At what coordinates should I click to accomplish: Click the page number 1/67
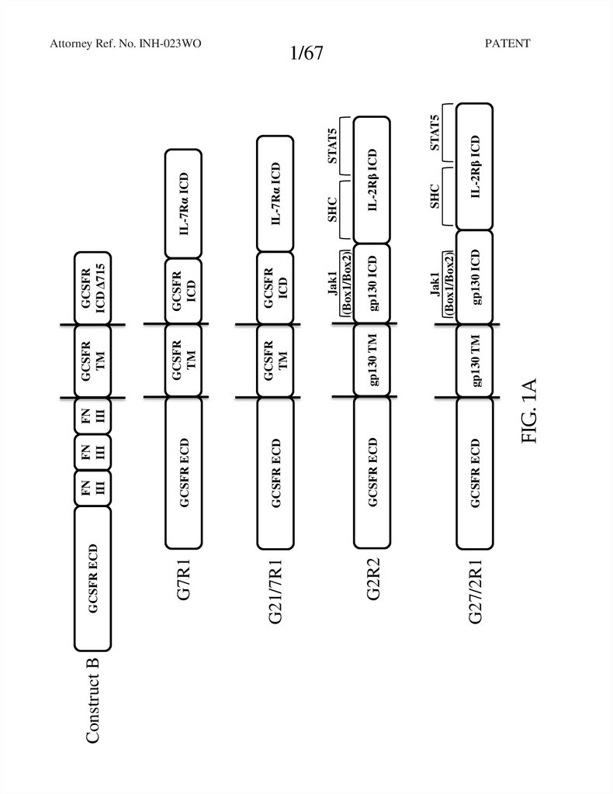(x=306, y=54)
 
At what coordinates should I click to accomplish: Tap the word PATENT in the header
(x=507, y=43)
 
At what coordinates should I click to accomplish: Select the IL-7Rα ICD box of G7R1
(x=184, y=203)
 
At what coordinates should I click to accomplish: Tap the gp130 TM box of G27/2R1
(x=474, y=361)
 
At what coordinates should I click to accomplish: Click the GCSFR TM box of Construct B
(x=93, y=361)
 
